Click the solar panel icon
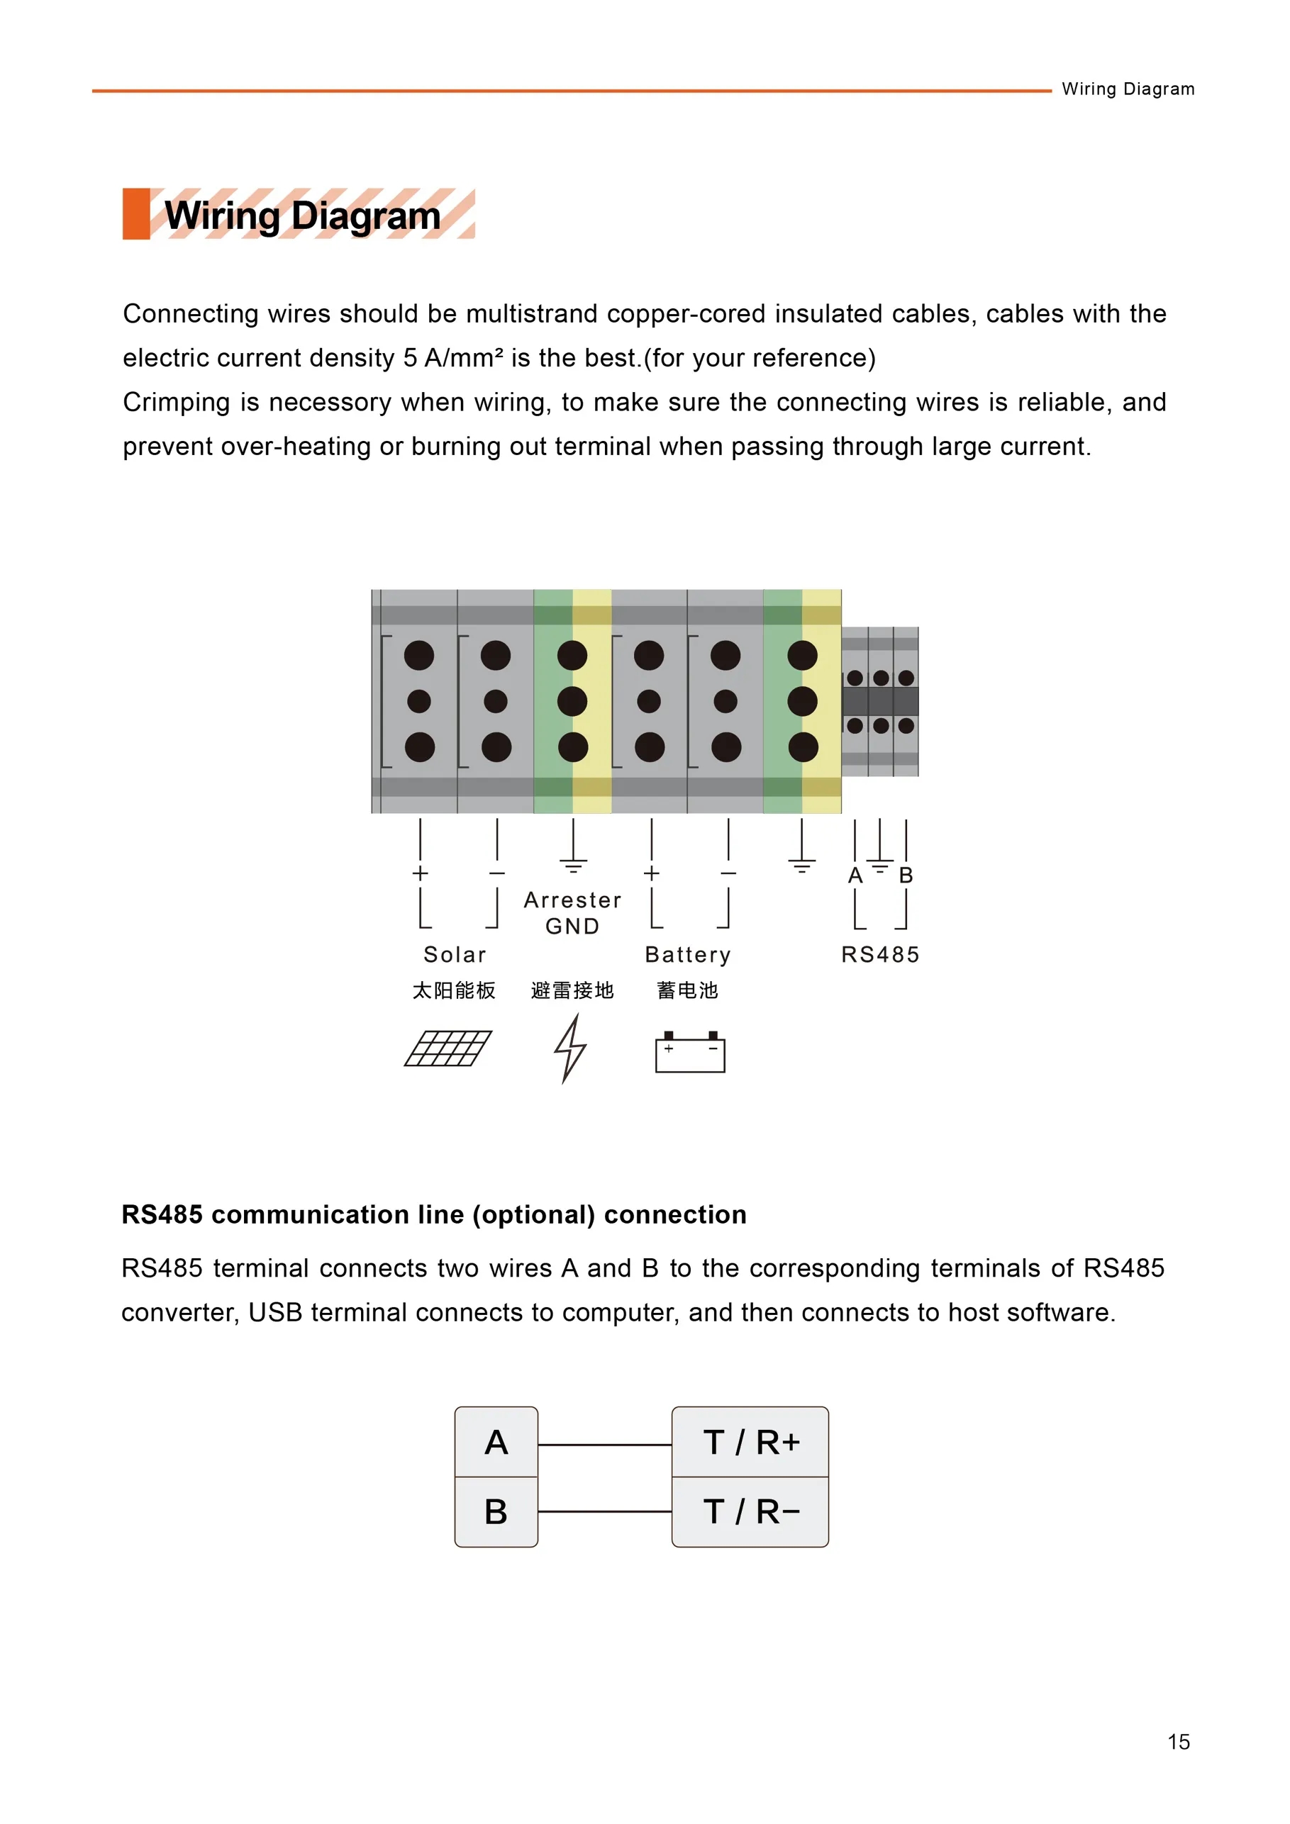pyautogui.click(x=448, y=1048)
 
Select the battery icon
pyautogui.click(x=690, y=1052)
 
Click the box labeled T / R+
pyautogui.click(x=750, y=1442)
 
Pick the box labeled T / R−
pyautogui.click(x=750, y=1512)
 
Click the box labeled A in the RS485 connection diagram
pyautogui.click(x=496, y=1442)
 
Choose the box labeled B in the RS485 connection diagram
pyautogui.click(x=496, y=1512)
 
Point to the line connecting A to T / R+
pyautogui.click(x=605, y=1445)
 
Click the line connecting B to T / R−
pyautogui.click(x=605, y=1512)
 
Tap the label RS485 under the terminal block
pyautogui.click(x=881, y=954)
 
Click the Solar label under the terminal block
pyautogui.click(x=455, y=954)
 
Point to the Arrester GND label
pyautogui.click(x=572, y=913)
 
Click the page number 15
pyautogui.click(x=1179, y=1742)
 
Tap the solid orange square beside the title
pyautogui.click(x=136, y=213)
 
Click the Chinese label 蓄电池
pyautogui.click(x=687, y=990)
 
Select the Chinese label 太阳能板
pyautogui.click(x=454, y=990)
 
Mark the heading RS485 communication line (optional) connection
pyautogui.click(x=434, y=1214)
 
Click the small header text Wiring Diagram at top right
pyautogui.click(x=1128, y=89)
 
